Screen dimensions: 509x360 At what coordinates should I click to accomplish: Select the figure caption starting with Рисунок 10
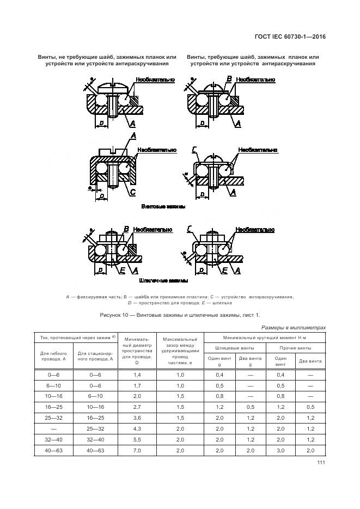tap(180, 315)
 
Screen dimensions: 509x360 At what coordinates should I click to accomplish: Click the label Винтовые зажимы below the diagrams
tap(163, 207)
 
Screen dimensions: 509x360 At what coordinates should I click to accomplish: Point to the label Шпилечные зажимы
tap(163, 281)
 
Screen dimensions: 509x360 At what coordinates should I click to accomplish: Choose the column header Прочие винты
tap(295, 347)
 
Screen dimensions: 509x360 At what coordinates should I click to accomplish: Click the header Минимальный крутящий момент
tap(264, 337)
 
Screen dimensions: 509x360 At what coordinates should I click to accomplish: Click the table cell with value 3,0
tap(280, 451)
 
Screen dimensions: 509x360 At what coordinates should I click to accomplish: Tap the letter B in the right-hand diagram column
tap(229, 79)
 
